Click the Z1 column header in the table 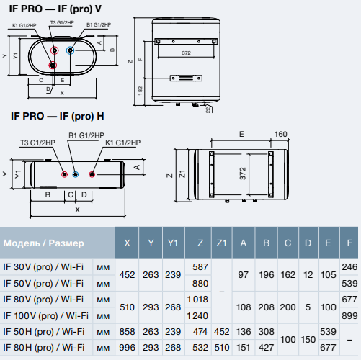point(221,243)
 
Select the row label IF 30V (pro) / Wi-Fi point(43,267)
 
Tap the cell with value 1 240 point(197,316)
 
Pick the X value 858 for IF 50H point(127,332)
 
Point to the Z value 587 point(200,267)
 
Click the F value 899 point(349,316)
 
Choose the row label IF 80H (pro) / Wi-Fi point(44,348)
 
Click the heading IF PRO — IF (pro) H point(58,117)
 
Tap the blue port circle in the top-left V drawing point(70,50)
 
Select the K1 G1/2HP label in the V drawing point(24,25)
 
